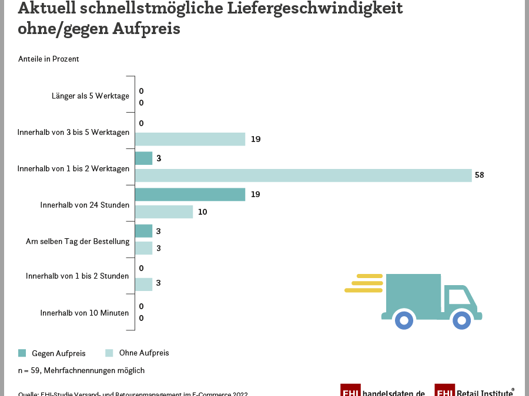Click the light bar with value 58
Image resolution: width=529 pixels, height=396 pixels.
point(303,175)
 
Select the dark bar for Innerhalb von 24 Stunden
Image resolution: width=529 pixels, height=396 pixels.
point(190,195)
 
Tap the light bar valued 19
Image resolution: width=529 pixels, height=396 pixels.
point(190,139)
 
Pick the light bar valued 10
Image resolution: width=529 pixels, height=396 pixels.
point(164,212)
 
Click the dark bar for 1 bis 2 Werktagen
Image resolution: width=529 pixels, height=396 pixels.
point(143,158)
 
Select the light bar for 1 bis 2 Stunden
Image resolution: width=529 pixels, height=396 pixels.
point(143,284)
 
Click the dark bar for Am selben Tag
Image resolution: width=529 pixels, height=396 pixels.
point(143,231)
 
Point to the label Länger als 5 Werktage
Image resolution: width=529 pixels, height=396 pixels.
point(90,96)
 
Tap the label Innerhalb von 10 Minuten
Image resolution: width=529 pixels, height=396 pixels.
point(85,313)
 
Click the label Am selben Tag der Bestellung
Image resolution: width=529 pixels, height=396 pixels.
point(78,241)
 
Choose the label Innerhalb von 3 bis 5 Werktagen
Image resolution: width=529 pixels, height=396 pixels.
point(73,132)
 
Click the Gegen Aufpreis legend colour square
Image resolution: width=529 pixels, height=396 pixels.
point(22,353)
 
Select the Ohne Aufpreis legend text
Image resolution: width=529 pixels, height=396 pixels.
point(144,353)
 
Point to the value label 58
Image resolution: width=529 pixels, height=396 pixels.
point(479,175)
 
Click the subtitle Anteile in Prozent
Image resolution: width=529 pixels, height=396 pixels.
point(48,59)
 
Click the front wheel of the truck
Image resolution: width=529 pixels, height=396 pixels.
point(461,320)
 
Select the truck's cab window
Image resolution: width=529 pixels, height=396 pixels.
point(458,296)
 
